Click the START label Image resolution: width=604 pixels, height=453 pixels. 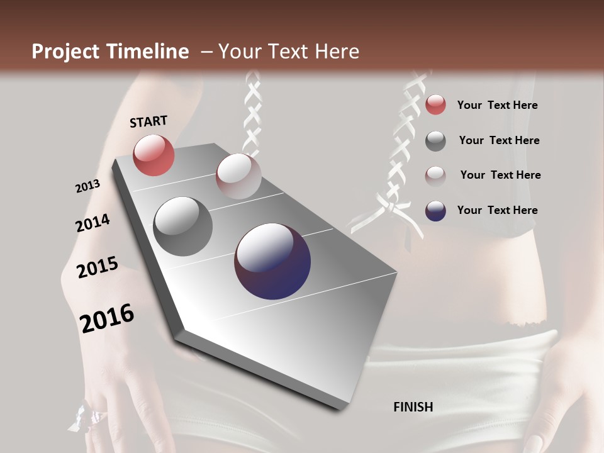[148, 121]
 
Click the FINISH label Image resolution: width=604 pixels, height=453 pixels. [413, 406]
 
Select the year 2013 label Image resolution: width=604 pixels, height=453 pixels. [87, 186]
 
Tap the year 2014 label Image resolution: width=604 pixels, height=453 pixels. [92, 223]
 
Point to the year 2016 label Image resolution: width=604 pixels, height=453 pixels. [107, 318]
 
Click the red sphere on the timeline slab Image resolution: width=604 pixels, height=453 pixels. [154, 155]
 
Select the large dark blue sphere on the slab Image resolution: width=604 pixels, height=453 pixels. [272, 261]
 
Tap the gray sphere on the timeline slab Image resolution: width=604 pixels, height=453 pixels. [183, 226]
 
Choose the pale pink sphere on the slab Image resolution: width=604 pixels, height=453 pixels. [238, 176]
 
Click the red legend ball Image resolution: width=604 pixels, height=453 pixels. [435, 105]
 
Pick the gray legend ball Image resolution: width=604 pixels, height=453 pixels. [435, 141]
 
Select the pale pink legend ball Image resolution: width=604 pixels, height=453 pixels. [435, 176]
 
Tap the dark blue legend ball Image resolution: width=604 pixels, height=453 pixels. [435, 211]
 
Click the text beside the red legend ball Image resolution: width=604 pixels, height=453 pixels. [497, 105]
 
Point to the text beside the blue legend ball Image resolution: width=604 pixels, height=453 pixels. [497, 210]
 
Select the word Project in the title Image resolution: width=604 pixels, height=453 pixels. [65, 52]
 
